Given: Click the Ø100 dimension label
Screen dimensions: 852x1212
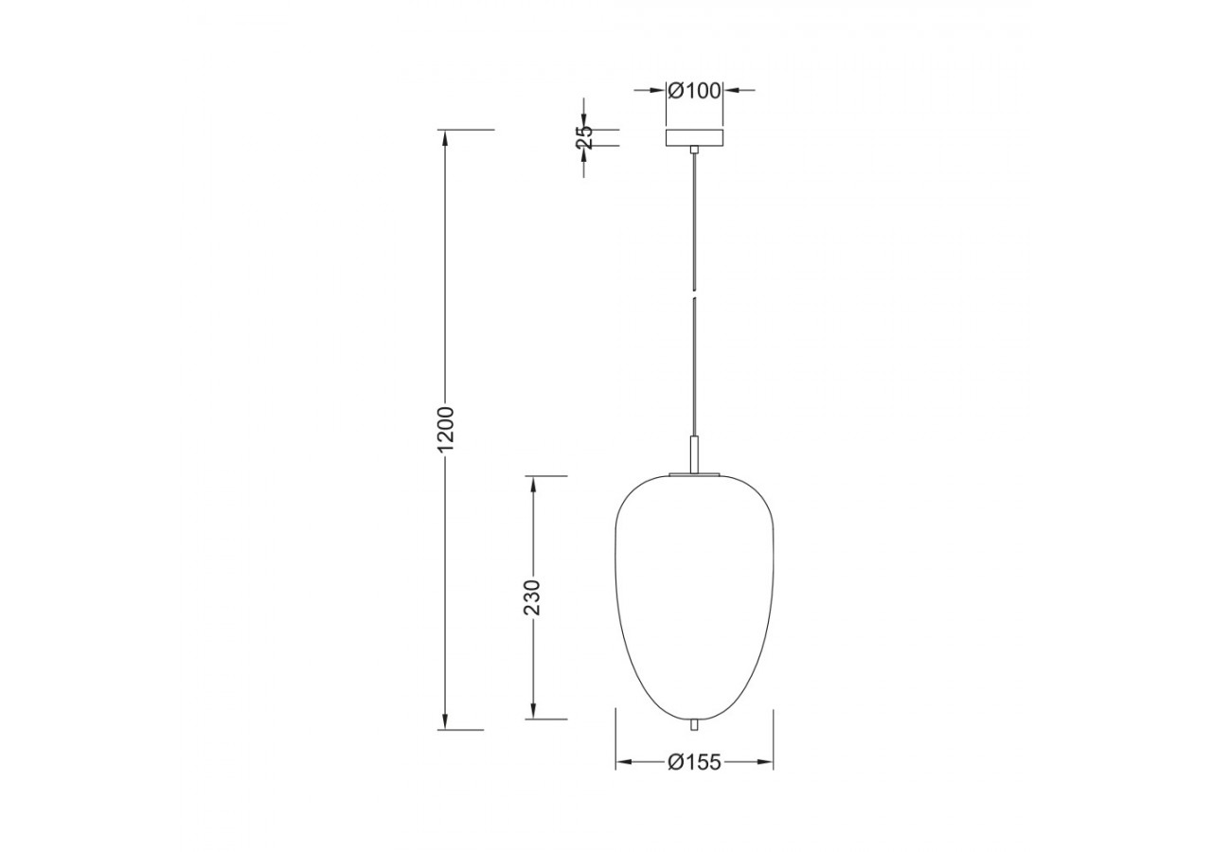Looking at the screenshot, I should pyautogui.click(x=694, y=91).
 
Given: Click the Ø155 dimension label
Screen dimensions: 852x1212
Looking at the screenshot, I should pyautogui.click(x=694, y=762).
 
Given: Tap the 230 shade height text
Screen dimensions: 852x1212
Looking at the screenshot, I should pyautogui.click(x=533, y=596).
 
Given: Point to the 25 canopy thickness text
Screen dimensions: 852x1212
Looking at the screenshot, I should pyautogui.click(x=584, y=137).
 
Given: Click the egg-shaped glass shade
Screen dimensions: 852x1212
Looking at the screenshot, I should pyautogui.click(x=695, y=596).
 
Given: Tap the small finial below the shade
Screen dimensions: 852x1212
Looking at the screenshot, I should pyautogui.click(x=695, y=724).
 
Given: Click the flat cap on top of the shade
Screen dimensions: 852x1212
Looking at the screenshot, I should pyautogui.click(x=695, y=474).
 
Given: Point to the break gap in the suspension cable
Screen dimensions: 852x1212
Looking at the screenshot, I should pyautogui.click(x=694, y=293).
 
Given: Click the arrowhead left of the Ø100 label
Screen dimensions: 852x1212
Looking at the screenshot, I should pyautogui.click(x=658, y=91).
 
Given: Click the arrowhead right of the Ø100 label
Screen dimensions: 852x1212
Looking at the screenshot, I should pyautogui.click(x=731, y=91).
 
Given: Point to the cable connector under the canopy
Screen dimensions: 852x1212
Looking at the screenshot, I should pyautogui.click(x=694, y=150).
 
